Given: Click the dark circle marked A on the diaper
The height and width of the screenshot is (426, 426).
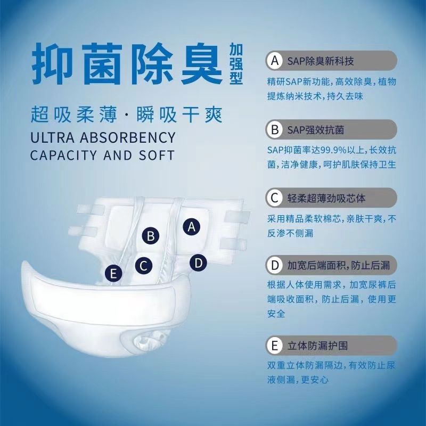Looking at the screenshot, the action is (192, 227).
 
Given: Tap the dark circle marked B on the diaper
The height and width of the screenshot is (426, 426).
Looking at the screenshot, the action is (151, 236).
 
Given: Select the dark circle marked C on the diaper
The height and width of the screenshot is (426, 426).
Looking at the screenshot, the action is (144, 266).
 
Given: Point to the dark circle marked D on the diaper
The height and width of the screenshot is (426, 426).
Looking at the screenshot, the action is (198, 263).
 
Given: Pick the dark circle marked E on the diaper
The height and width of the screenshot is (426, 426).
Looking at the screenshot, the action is (113, 273).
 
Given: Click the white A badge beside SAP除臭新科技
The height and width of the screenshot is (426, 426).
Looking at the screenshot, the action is (275, 61).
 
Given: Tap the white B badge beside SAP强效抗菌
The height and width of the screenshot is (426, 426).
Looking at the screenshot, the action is (275, 129).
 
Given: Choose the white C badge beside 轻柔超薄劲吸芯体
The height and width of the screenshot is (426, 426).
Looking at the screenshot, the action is (275, 198).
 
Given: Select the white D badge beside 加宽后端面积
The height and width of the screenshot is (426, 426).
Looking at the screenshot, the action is (275, 265).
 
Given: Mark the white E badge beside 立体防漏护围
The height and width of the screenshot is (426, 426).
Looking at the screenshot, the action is (275, 346).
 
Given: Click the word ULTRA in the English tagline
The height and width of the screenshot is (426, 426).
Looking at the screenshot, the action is (52, 137).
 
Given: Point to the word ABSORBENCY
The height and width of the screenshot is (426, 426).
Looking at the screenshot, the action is (128, 137).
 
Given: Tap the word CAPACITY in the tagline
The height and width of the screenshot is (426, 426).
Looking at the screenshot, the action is (63, 155).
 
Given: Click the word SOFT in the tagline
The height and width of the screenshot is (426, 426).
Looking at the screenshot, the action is (157, 155).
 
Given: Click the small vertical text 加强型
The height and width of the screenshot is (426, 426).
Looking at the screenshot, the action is (236, 64).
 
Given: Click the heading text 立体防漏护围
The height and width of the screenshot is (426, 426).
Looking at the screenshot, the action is (317, 346).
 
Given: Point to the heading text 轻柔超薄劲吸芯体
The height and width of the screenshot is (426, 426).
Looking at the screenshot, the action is (326, 198).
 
